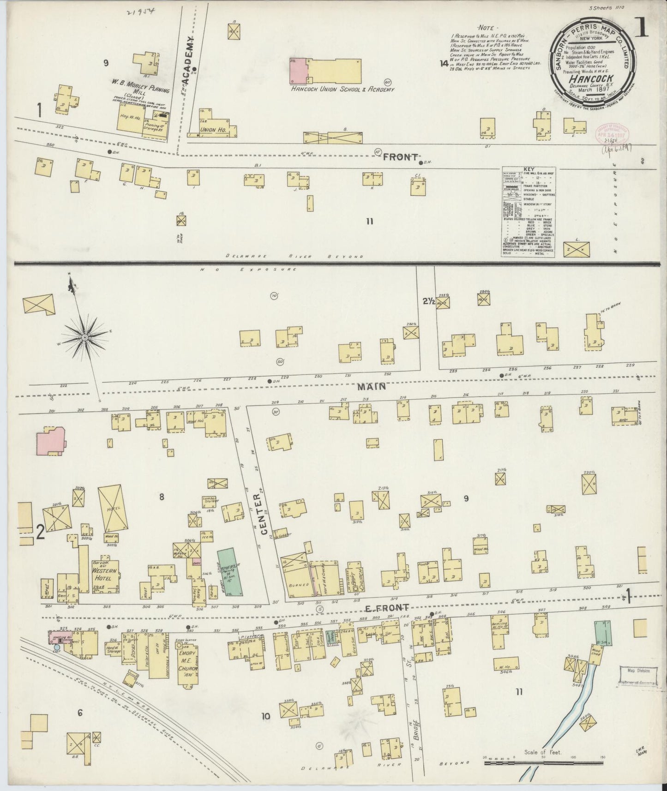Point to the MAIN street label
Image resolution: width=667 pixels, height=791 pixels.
[x=372, y=386]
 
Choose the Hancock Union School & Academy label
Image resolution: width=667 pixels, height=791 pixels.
[x=343, y=89]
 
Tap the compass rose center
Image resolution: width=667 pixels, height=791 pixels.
[x=85, y=338]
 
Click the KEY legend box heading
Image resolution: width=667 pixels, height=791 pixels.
[x=528, y=169]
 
